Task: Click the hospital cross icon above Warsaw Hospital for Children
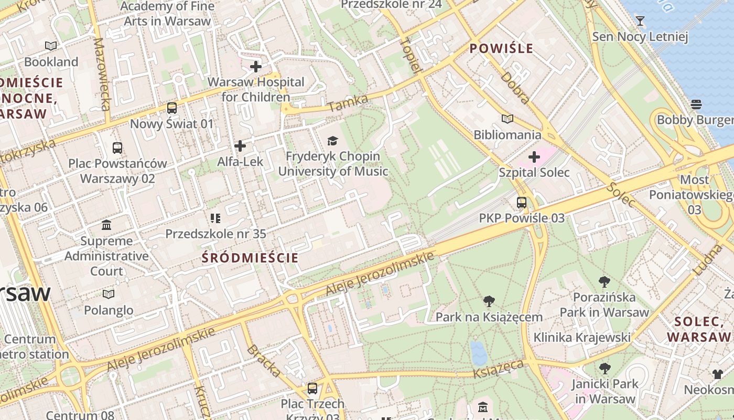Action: pos(256,67)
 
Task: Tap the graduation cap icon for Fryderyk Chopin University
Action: pos(332,141)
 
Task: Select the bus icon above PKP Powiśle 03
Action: pos(522,202)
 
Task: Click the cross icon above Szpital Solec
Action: pos(534,156)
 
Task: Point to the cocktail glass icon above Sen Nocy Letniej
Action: pos(640,21)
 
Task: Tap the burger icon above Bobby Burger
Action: pos(696,104)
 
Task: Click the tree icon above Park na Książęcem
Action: pos(489,301)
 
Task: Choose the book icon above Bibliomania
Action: pos(507,119)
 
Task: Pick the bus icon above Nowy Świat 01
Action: pos(172,108)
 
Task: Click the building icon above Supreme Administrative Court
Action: pos(106,225)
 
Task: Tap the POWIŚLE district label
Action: pos(501,49)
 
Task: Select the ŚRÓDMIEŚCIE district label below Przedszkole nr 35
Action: pos(250,258)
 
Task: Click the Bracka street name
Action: pos(264,361)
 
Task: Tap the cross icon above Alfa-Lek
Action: pos(240,145)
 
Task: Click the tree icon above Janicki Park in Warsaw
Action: pos(605,368)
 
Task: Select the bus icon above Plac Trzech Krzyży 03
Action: pos(312,388)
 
